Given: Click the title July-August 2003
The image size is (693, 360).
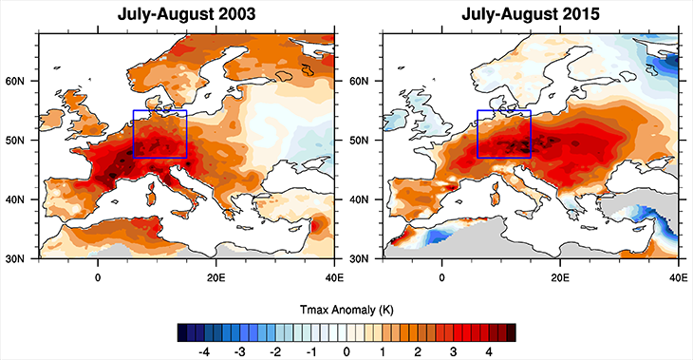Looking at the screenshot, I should pyautogui.click(x=188, y=15).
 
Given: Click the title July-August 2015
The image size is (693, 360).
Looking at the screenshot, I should pyautogui.click(x=534, y=15).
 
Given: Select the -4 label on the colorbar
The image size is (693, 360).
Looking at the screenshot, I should pyautogui.click(x=201, y=351).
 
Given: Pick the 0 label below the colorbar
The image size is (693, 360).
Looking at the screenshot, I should pyautogui.click(x=347, y=351).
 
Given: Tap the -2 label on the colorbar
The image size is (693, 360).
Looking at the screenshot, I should pyautogui.click(x=274, y=351).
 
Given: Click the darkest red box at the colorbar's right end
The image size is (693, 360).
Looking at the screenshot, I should pyautogui.click(x=512, y=332).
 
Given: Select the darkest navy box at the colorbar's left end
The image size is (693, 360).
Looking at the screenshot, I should pyautogui.click(x=183, y=332).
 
